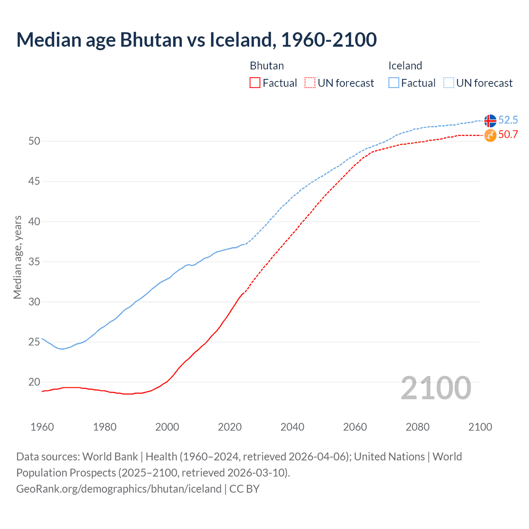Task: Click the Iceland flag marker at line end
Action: click(x=490, y=121)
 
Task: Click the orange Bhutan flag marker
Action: click(x=490, y=135)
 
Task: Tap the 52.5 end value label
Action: click(x=508, y=120)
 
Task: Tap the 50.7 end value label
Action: click(x=508, y=134)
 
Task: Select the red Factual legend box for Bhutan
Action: click(x=255, y=83)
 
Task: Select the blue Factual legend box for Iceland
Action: click(x=394, y=83)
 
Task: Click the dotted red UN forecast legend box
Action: click(x=310, y=83)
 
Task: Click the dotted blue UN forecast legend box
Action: click(x=449, y=83)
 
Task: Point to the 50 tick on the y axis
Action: click(x=34, y=141)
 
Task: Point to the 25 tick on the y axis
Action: click(x=34, y=342)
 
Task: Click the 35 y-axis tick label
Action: click(x=34, y=262)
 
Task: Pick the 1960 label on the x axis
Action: click(x=42, y=427)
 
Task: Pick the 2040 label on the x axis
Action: click(x=292, y=427)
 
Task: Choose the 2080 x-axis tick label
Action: click(x=417, y=427)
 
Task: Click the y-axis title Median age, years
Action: click(x=17, y=257)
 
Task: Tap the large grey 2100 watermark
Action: click(x=436, y=388)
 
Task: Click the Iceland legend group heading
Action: click(x=405, y=66)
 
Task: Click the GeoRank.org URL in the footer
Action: click(x=119, y=489)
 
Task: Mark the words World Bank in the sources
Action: click(x=110, y=457)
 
